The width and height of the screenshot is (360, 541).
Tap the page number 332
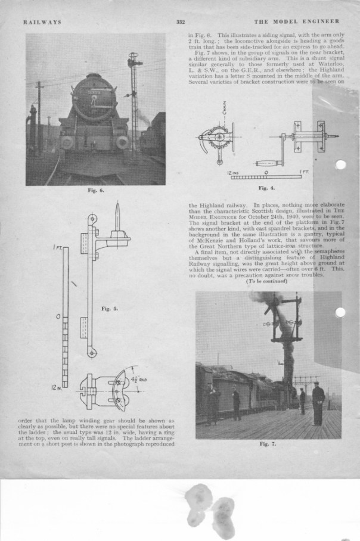click(181, 22)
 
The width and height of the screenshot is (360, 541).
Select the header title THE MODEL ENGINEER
click(299, 22)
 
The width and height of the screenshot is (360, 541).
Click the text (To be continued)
click(266, 281)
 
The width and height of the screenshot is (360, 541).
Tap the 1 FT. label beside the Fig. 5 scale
click(54, 245)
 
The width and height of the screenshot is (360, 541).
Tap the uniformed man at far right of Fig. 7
click(318, 402)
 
